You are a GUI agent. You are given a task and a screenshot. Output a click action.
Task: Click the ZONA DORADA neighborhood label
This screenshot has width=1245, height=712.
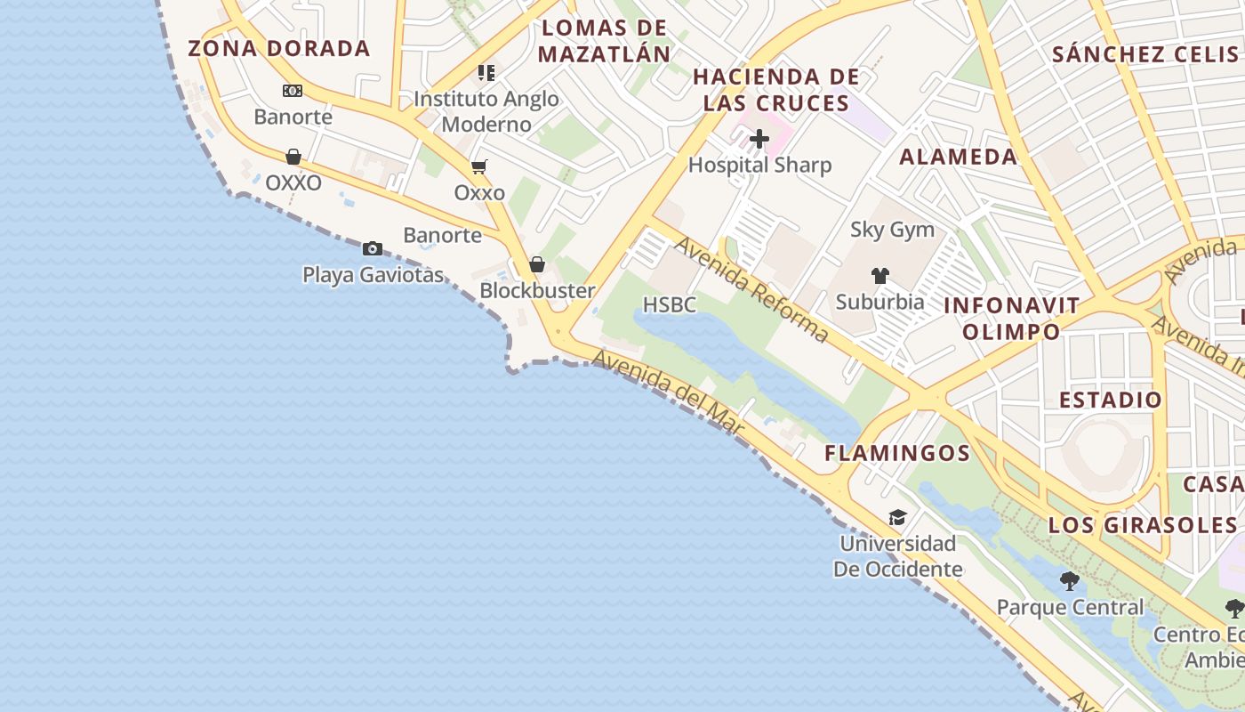pos(278,48)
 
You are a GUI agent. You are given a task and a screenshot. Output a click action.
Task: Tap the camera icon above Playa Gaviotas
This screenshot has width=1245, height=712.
pos(373,248)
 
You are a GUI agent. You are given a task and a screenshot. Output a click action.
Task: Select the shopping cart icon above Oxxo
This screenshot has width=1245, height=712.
pos(479,166)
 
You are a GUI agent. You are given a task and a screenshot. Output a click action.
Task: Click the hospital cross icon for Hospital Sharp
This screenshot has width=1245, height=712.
pos(759,139)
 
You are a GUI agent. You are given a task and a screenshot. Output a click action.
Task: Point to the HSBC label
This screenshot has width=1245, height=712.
pos(669,305)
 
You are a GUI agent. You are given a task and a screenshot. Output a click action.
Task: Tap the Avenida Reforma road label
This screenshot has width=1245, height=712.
pos(751,288)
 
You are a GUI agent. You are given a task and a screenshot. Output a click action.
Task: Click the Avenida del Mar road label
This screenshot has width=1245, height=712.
pos(668,392)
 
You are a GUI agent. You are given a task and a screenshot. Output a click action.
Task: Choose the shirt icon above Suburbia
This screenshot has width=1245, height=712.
pos(880,276)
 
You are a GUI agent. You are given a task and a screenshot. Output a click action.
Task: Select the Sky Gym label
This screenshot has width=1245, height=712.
pos(892,230)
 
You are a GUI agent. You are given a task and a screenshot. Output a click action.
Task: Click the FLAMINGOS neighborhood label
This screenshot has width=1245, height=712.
pos(897,453)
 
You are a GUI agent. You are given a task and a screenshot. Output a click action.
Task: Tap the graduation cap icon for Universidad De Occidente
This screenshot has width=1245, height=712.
pos(897,518)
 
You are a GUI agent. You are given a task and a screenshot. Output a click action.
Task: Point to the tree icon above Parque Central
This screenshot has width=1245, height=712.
pos(1070,582)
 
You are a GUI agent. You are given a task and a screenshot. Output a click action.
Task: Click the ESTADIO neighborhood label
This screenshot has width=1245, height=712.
pos(1111,400)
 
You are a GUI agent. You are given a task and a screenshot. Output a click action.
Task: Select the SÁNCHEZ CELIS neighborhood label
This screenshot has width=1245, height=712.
pos(1145,54)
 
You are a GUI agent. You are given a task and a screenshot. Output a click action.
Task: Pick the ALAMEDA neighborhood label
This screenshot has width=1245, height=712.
pos(958,158)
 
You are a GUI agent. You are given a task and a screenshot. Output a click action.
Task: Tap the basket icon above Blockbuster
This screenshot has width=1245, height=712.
pos(537,264)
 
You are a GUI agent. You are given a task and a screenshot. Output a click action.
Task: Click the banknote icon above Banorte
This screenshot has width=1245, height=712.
pos(293,91)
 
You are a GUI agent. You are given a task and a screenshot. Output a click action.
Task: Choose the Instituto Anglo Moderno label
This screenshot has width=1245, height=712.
pos(486,111)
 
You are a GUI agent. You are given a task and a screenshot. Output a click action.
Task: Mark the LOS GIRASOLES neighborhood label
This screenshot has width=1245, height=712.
pos(1142,524)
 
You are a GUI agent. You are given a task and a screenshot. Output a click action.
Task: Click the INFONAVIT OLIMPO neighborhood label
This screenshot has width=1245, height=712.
pos(1011,319)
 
